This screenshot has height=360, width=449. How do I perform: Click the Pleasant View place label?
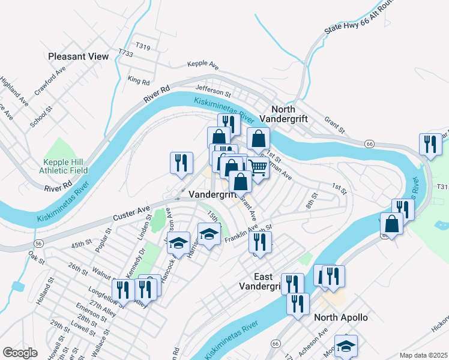point(79,56)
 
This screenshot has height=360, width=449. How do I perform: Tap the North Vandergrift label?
point(289,114)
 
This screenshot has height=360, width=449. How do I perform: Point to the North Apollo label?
point(343,317)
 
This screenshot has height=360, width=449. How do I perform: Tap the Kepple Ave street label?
point(203,64)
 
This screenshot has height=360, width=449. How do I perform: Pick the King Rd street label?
point(138,80)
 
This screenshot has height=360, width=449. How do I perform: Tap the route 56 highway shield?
point(38,243)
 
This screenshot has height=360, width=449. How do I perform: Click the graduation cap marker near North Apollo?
point(346,346)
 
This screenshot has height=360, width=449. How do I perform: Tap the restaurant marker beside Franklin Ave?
point(260,241)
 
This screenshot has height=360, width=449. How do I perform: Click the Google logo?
point(20,353)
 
